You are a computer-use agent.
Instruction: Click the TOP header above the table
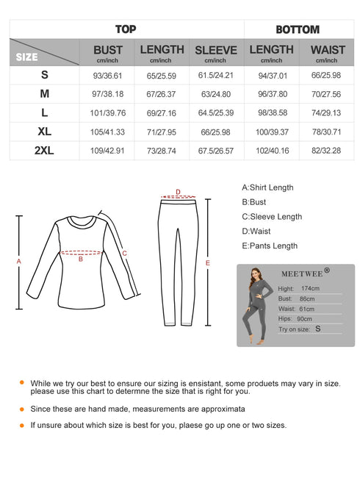click(126, 29)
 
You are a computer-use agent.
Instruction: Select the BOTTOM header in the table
click(297, 29)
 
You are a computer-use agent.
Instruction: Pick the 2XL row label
click(45, 151)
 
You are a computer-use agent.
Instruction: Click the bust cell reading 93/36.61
click(108, 75)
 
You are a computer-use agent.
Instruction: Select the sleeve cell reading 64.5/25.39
click(215, 113)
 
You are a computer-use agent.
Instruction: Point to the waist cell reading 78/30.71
click(328, 132)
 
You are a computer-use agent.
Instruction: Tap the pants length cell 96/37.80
click(271, 94)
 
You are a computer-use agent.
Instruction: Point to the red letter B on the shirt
click(81, 258)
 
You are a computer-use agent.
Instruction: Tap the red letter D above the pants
click(178, 192)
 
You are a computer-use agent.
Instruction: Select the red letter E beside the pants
click(208, 262)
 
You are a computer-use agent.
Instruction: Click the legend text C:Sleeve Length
click(272, 217)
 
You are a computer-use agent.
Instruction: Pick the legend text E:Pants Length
click(270, 246)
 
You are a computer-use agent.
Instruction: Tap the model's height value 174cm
click(309, 289)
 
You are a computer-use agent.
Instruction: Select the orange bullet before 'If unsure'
click(22, 424)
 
